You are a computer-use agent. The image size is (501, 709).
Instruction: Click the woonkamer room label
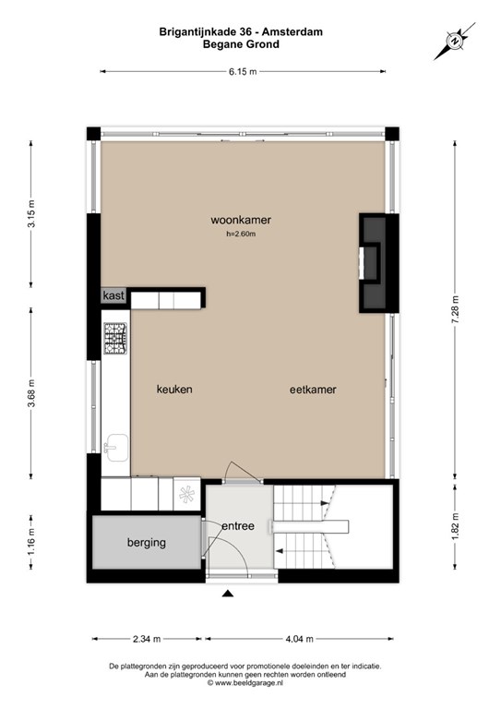tap(241, 221)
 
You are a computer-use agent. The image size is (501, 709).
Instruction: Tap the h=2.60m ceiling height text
tap(241, 234)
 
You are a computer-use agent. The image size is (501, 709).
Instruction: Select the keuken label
tap(174, 390)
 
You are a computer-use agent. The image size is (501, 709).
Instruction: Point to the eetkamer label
tap(313, 390)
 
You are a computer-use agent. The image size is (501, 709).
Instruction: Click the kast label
tap(113, 295)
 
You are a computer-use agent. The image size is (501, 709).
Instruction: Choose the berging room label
tap(147, 543)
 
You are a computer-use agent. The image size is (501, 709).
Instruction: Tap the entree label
tap(238, 526)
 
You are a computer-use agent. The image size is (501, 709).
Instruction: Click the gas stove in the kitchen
tap(115, 338)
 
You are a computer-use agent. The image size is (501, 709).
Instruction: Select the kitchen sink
tap(116, 448)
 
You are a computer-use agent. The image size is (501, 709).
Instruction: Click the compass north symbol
tap(455, 41)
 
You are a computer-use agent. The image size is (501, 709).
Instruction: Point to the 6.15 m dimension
tap(243, 71)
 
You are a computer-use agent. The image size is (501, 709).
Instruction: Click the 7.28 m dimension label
tap(456, 309)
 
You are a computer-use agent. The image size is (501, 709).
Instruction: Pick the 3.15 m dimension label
tap(32, 213)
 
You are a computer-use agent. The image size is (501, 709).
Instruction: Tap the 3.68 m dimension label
tap(32, 393)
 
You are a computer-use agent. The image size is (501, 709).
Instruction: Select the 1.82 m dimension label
tap(456, 526)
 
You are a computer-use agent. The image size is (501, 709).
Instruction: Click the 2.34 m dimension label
tap(147, 639)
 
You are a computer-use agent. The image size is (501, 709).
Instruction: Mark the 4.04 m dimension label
tap(299, 639)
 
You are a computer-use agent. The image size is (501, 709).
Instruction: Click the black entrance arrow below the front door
tap(228, 594)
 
